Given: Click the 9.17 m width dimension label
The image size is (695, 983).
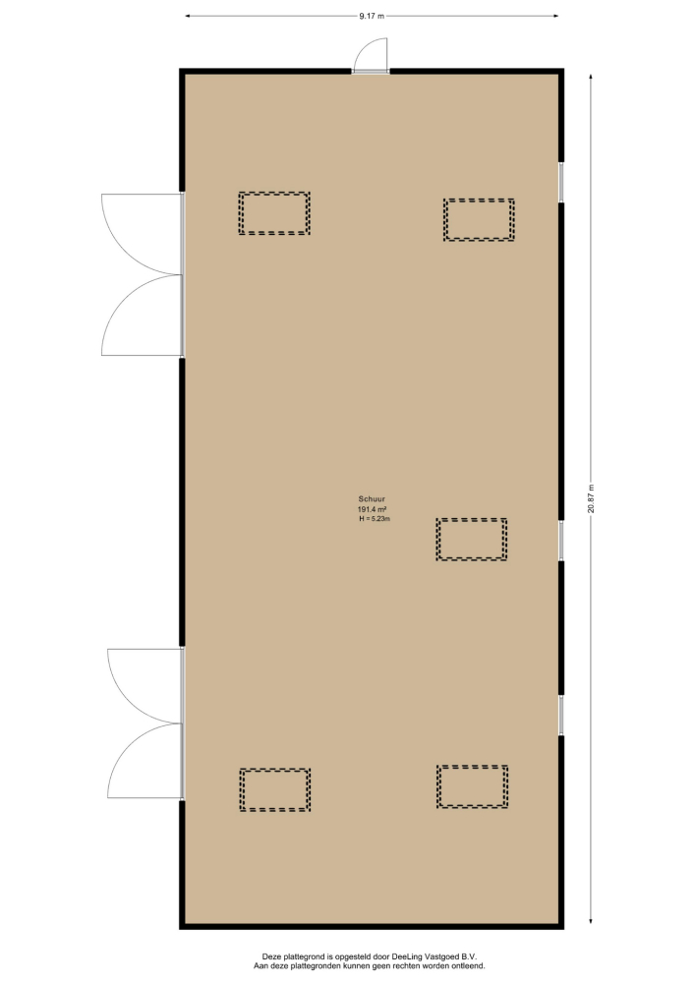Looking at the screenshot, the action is pos(372,17).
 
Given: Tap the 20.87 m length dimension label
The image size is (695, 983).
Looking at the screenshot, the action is pos(591,498).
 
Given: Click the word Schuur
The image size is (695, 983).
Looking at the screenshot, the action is pos(372,499).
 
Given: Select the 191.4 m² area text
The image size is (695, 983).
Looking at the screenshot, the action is pos(372,509).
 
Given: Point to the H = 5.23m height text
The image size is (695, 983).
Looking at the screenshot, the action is pos(375,519).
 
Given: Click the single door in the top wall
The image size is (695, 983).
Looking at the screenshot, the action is pos(371,56).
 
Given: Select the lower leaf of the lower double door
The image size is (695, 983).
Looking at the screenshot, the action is pos(145,761).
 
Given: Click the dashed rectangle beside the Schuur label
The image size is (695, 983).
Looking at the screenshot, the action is pos(471,539).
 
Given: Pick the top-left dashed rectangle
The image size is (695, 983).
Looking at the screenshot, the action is pos(274,213).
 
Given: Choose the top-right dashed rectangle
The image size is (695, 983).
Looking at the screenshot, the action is pos(479,219).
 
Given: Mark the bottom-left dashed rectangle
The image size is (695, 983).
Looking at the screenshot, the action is pos(275,790).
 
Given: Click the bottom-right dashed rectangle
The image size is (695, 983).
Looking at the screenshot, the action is pos(472,786).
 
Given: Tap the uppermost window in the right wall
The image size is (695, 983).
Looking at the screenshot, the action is pos(561,183).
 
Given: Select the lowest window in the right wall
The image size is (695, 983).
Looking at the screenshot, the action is pos(561,715).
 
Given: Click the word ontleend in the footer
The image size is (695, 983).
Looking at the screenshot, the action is pos(469,966).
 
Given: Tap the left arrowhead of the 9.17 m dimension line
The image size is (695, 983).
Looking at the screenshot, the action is pos(187,17).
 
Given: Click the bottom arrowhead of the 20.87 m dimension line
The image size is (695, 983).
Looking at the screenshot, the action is pos(591,921).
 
